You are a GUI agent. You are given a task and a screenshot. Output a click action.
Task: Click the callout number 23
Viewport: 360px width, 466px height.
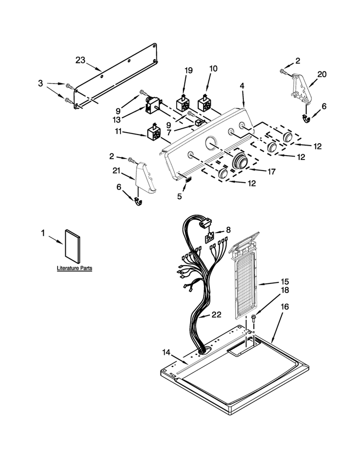80,61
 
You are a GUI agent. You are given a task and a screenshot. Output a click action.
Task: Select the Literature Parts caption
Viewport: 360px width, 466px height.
74,268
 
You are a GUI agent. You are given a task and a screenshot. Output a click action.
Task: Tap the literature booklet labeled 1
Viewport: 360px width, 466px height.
72,246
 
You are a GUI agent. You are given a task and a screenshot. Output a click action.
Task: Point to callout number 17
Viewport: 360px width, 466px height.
272,172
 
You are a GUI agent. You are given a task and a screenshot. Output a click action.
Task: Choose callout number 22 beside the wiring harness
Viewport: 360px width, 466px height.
216,315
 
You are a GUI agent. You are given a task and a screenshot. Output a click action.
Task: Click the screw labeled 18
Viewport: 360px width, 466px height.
254,319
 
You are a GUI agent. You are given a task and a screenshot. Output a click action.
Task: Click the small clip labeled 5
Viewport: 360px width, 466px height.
188,179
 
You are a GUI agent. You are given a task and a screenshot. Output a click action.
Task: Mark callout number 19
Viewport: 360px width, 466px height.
189,71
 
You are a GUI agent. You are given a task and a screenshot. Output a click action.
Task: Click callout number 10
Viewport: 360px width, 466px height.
213,69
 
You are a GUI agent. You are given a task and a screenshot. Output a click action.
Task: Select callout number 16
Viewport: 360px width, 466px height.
285,307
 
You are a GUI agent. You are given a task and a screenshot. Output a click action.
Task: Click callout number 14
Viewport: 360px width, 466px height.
167,353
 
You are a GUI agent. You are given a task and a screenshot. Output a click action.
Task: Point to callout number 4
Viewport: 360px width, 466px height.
242,86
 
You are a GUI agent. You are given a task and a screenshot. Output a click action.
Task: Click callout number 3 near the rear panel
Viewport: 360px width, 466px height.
40,84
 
